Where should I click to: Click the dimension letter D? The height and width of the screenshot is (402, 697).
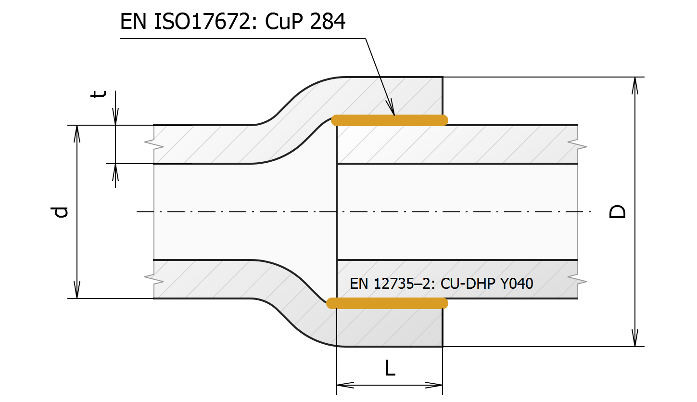[618, 212]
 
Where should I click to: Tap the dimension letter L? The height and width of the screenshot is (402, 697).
[390, 368]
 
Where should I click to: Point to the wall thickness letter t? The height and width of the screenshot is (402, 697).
[99, 94]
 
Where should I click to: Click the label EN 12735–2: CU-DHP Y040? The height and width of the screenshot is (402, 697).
[441, 284]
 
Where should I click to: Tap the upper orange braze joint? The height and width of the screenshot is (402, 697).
[390, 120]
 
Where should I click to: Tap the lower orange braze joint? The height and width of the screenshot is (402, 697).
[387, 303]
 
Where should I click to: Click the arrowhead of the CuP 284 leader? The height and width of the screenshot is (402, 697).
[392, 110]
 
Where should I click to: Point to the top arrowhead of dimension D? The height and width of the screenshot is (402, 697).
[635, 85]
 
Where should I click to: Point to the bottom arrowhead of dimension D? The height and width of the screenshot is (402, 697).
[635, 338]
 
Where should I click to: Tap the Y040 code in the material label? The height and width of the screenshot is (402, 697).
[517, 284]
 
